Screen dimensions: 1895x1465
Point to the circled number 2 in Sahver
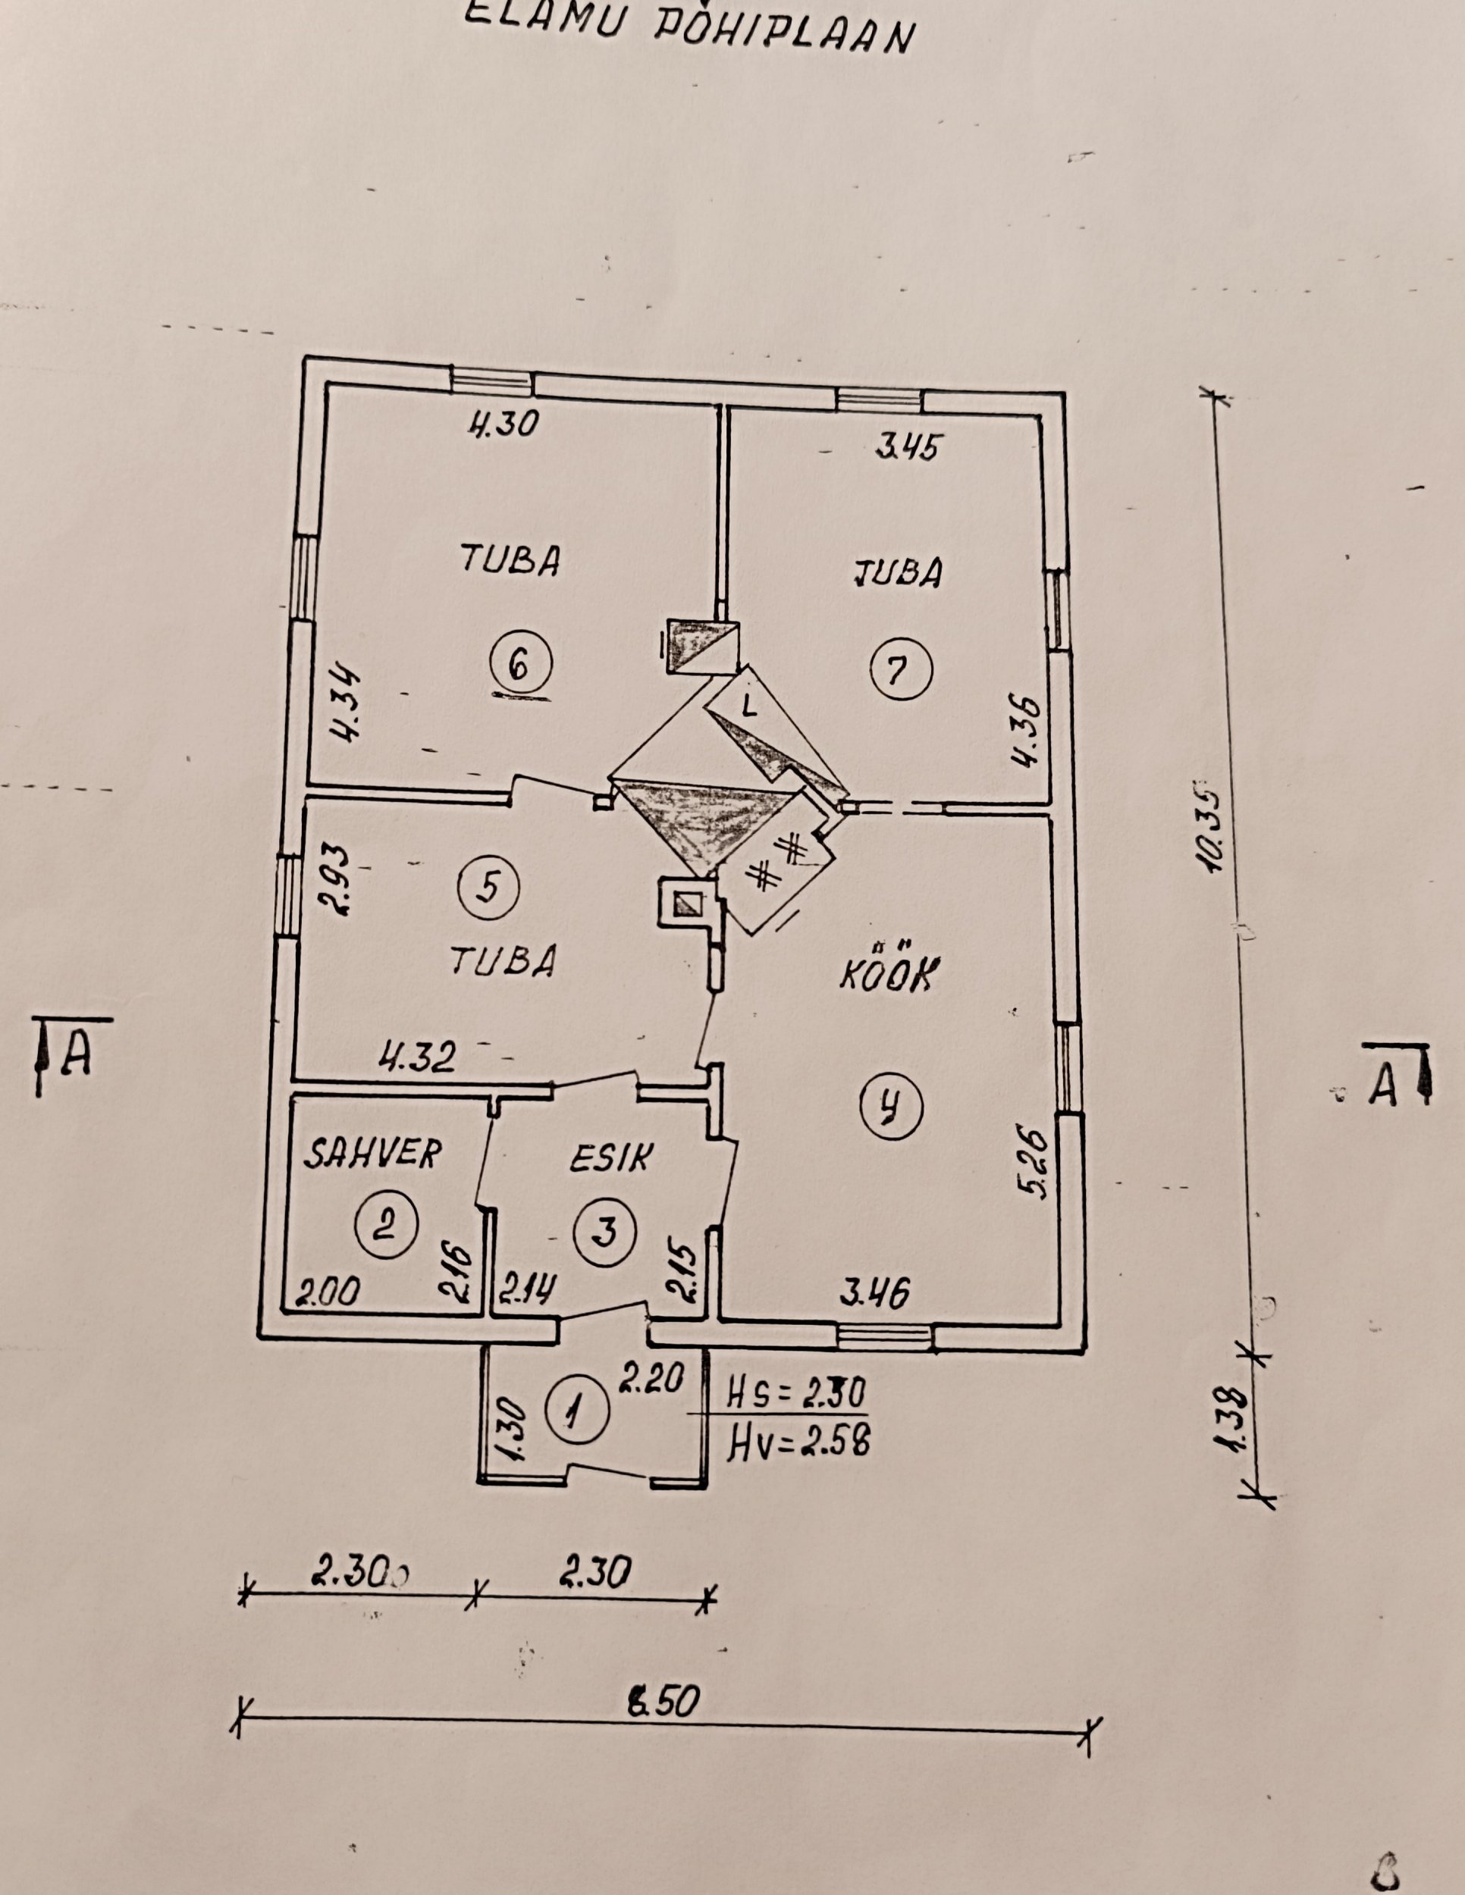[387, 1225]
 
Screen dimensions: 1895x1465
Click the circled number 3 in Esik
[605, 1230]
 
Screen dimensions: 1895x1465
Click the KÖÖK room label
[887, 976]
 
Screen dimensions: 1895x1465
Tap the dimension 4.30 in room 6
[503, 424]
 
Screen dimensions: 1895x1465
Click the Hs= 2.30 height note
[797, 1395]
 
